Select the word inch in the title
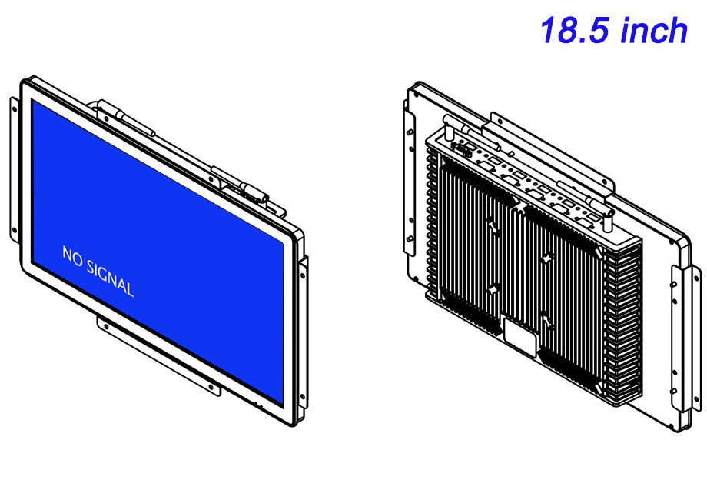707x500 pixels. click(654, 30)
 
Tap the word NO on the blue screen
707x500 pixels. click(71, 255)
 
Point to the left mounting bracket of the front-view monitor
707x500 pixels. click(15, 169)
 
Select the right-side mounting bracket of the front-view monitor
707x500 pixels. click(304, 335)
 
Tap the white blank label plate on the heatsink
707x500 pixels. click(521, 337)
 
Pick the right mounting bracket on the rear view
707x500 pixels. click(685, 338)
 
